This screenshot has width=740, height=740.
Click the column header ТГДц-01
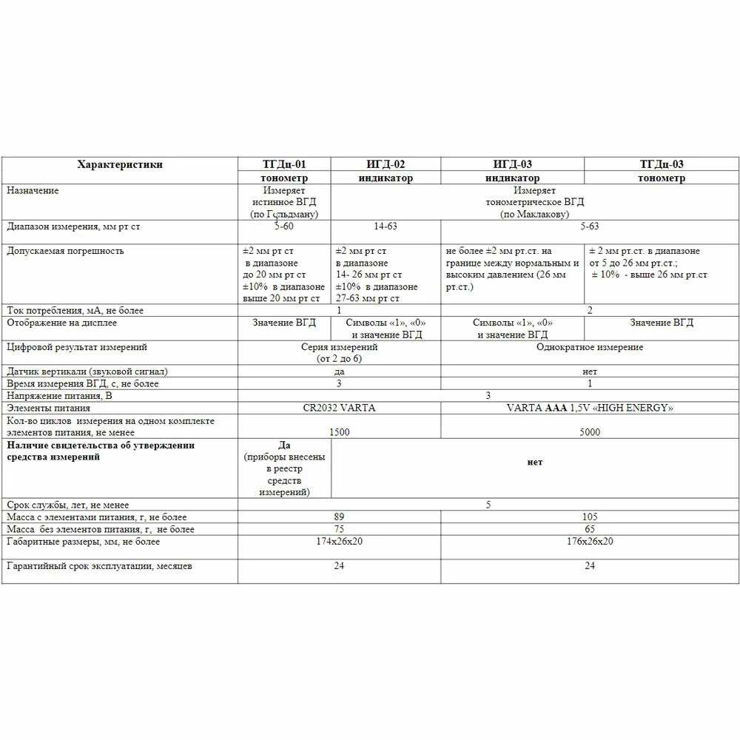coord(284,164)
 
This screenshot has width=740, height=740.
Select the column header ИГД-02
coord(386,164)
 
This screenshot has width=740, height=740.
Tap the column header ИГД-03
coord(512,164)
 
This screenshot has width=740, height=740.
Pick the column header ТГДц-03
coord(661,164)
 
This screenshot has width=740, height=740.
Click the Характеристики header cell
coord(120,164)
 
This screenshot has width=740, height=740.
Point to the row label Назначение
coord(33,190)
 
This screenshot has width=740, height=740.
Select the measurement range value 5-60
coord(285,226)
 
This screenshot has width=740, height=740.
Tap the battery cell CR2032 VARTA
coord(339,408)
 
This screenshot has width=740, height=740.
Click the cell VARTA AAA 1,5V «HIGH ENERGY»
coord(589,408)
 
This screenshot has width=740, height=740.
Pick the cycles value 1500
coord(340,432)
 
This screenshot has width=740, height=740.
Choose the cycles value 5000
coord(590,432)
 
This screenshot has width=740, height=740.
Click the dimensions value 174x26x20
coord(340,541)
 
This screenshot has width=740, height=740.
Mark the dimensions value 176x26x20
coord(590,541)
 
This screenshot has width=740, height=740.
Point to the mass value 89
coord(340,517)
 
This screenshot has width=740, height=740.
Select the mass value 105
coord(590,517)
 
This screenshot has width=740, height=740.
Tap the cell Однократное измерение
coord(589,346)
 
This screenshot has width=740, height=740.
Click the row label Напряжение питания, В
coord(58,396)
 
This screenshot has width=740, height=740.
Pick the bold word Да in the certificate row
coord(284,445)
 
